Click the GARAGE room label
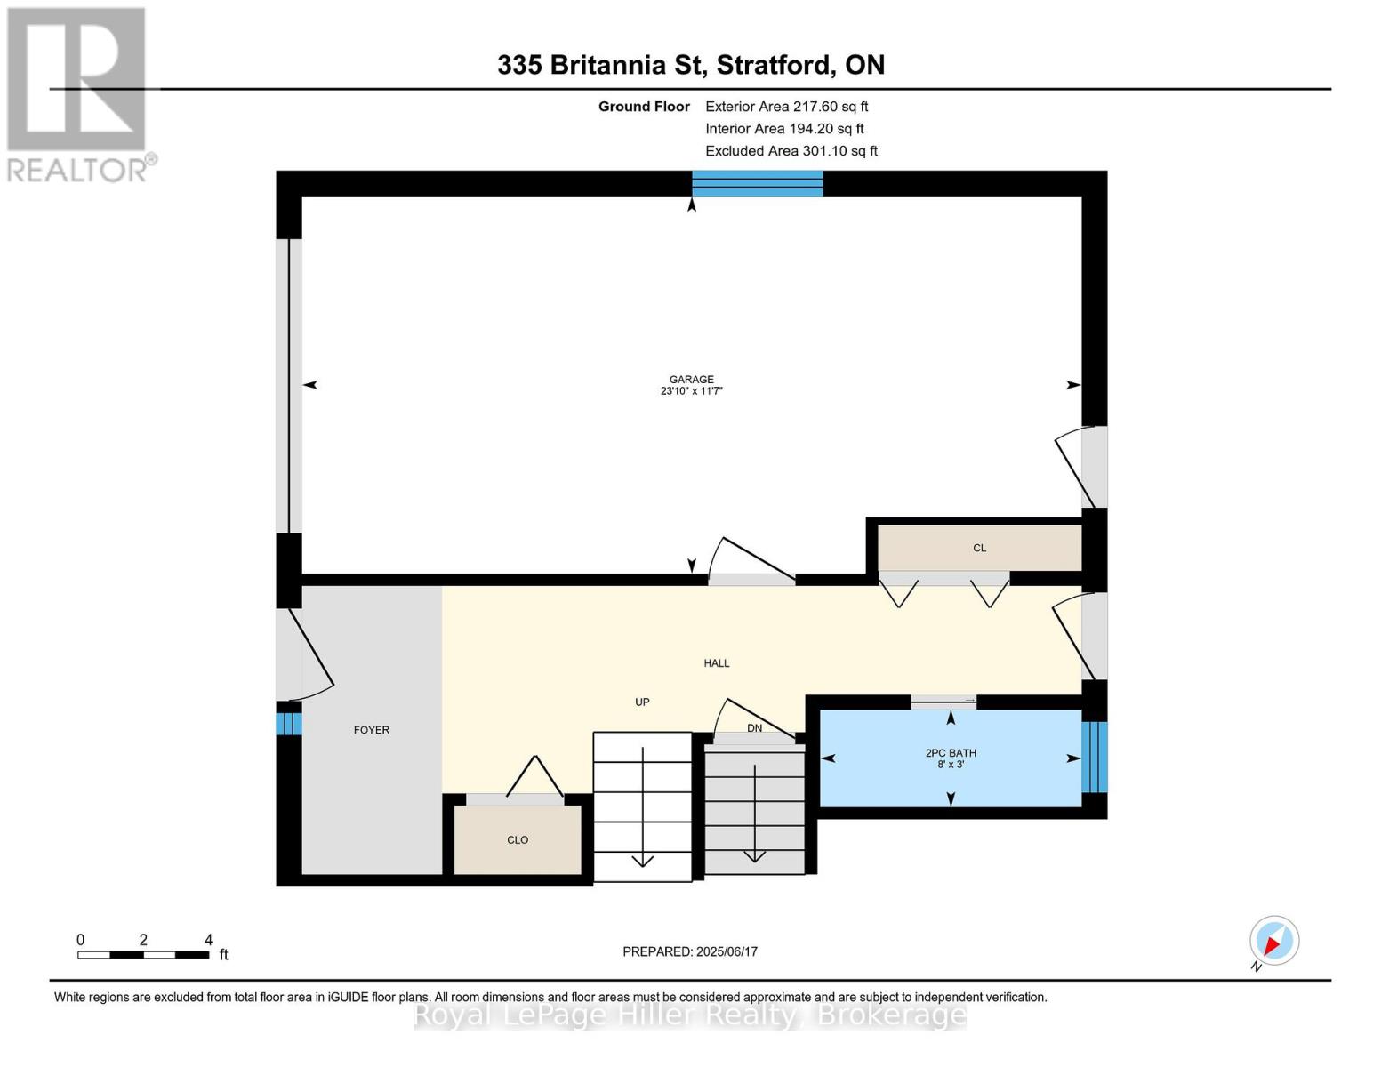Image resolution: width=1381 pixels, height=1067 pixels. [691, 380]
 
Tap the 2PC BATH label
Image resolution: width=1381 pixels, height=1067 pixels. [951, 753]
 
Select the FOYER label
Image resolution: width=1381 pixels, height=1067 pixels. [372, 730]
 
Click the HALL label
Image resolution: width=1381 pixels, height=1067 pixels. [717, 663]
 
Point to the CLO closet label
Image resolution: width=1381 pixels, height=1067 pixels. [518, 840]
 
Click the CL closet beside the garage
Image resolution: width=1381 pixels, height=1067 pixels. [979, 548]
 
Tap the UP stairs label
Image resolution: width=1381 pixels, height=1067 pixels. [642, 702]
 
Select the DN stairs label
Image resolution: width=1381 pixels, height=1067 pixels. [754, 728]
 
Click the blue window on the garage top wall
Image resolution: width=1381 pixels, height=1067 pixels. [758, 183]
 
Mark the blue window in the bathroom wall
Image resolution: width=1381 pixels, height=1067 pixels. [1095, 757]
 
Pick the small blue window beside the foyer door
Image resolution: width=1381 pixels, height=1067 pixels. [288, 718]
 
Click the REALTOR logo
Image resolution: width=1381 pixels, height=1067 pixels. [78, 94]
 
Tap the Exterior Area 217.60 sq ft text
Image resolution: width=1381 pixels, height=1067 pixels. [786, 107]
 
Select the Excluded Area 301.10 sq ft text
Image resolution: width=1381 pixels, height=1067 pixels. [791, 151]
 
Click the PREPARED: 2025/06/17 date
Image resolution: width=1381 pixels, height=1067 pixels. [690, 951]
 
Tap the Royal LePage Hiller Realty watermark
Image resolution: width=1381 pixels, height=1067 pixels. [690, 1015]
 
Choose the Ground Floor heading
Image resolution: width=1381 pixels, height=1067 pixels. [644, 107]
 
